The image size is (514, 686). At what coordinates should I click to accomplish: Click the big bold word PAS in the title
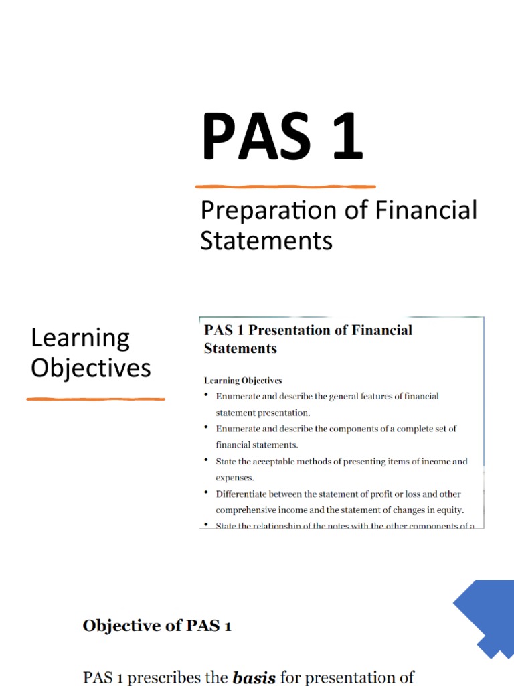[257, 138]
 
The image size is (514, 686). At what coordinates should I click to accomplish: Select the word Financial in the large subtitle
[426, 210]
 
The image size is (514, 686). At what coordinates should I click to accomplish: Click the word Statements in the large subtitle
[266, 240]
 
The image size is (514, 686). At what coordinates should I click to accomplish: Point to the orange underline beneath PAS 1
[285, 186]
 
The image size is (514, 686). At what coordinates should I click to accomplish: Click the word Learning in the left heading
[80, 338]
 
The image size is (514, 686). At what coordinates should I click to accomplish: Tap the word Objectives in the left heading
[91, 368]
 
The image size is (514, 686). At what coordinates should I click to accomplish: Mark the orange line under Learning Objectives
[96, 399]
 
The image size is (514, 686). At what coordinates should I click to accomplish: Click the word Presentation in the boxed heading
[291, 330]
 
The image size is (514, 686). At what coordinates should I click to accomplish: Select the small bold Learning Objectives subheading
[243, 381]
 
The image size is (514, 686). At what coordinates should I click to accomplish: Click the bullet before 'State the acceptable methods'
[207, 461]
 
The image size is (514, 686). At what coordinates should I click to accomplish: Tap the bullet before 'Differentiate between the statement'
[207, 494]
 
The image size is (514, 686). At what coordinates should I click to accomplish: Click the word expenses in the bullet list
[235, 478]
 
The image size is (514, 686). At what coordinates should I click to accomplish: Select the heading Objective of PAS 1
[157, 626]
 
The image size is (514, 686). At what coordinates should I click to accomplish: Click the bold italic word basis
[254, 677]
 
